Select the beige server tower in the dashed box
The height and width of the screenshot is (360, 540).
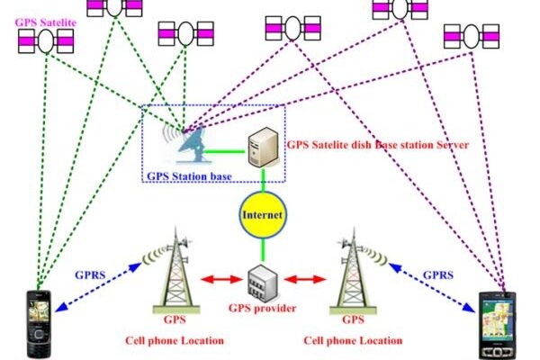pyautogui.click(x=262, y=143)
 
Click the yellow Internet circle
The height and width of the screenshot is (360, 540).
pyautogui.click(x=262, y=217)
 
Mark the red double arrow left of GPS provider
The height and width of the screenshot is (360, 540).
pyautogui.click(x=219, y=280)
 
